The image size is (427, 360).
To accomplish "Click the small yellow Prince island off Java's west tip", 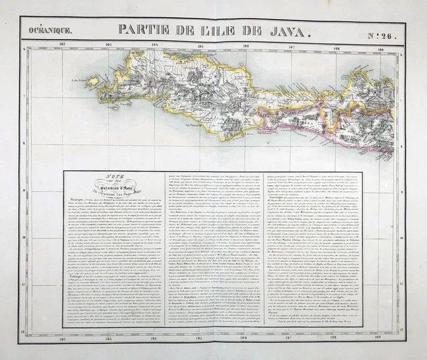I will point(92,81).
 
